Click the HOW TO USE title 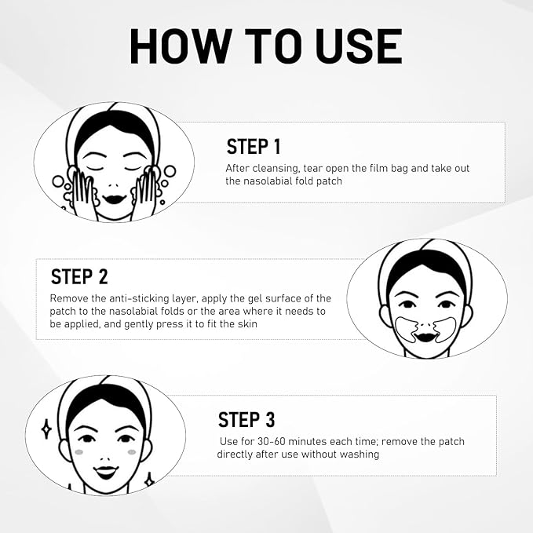pyautogui.click(x=266, y=46)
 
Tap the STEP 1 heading pyautogui.click(x=254, y=147)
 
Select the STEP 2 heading pyautogui.click(x=79, y=276)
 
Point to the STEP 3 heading pyautogui.click(x=246, y=419)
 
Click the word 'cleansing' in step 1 pyautogui.click(x=276, y=169)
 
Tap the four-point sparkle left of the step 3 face pyautogui.click(x=46, y=429)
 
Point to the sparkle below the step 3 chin pyautogui.click(x=149, y=481)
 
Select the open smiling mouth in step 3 pyautogui.click(x=106, y=472)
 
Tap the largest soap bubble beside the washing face pyautogui.click(x=170, y=171)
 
